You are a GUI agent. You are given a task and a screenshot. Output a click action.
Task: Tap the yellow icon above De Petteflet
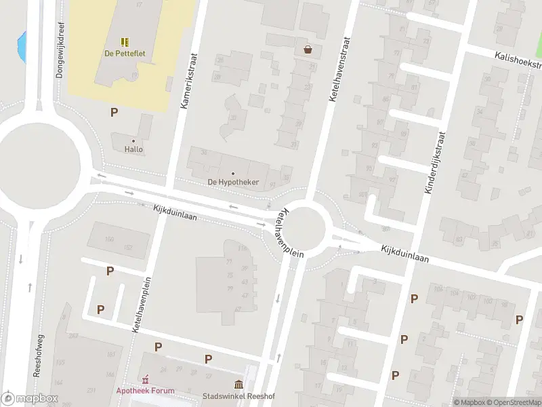coord(125,42)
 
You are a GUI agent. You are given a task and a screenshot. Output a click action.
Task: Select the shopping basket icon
coord(308,49)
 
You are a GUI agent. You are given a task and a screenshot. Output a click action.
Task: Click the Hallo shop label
coord(133,149)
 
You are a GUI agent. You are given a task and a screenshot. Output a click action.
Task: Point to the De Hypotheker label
coord(233,182)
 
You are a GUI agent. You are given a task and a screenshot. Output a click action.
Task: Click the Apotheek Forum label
coord(145,390)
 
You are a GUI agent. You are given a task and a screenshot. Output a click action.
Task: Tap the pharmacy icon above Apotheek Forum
coord(144,379)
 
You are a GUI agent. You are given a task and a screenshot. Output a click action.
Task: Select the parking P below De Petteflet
coord(114,112)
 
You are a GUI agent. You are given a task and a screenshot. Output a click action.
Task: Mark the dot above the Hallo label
coord(133,140)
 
